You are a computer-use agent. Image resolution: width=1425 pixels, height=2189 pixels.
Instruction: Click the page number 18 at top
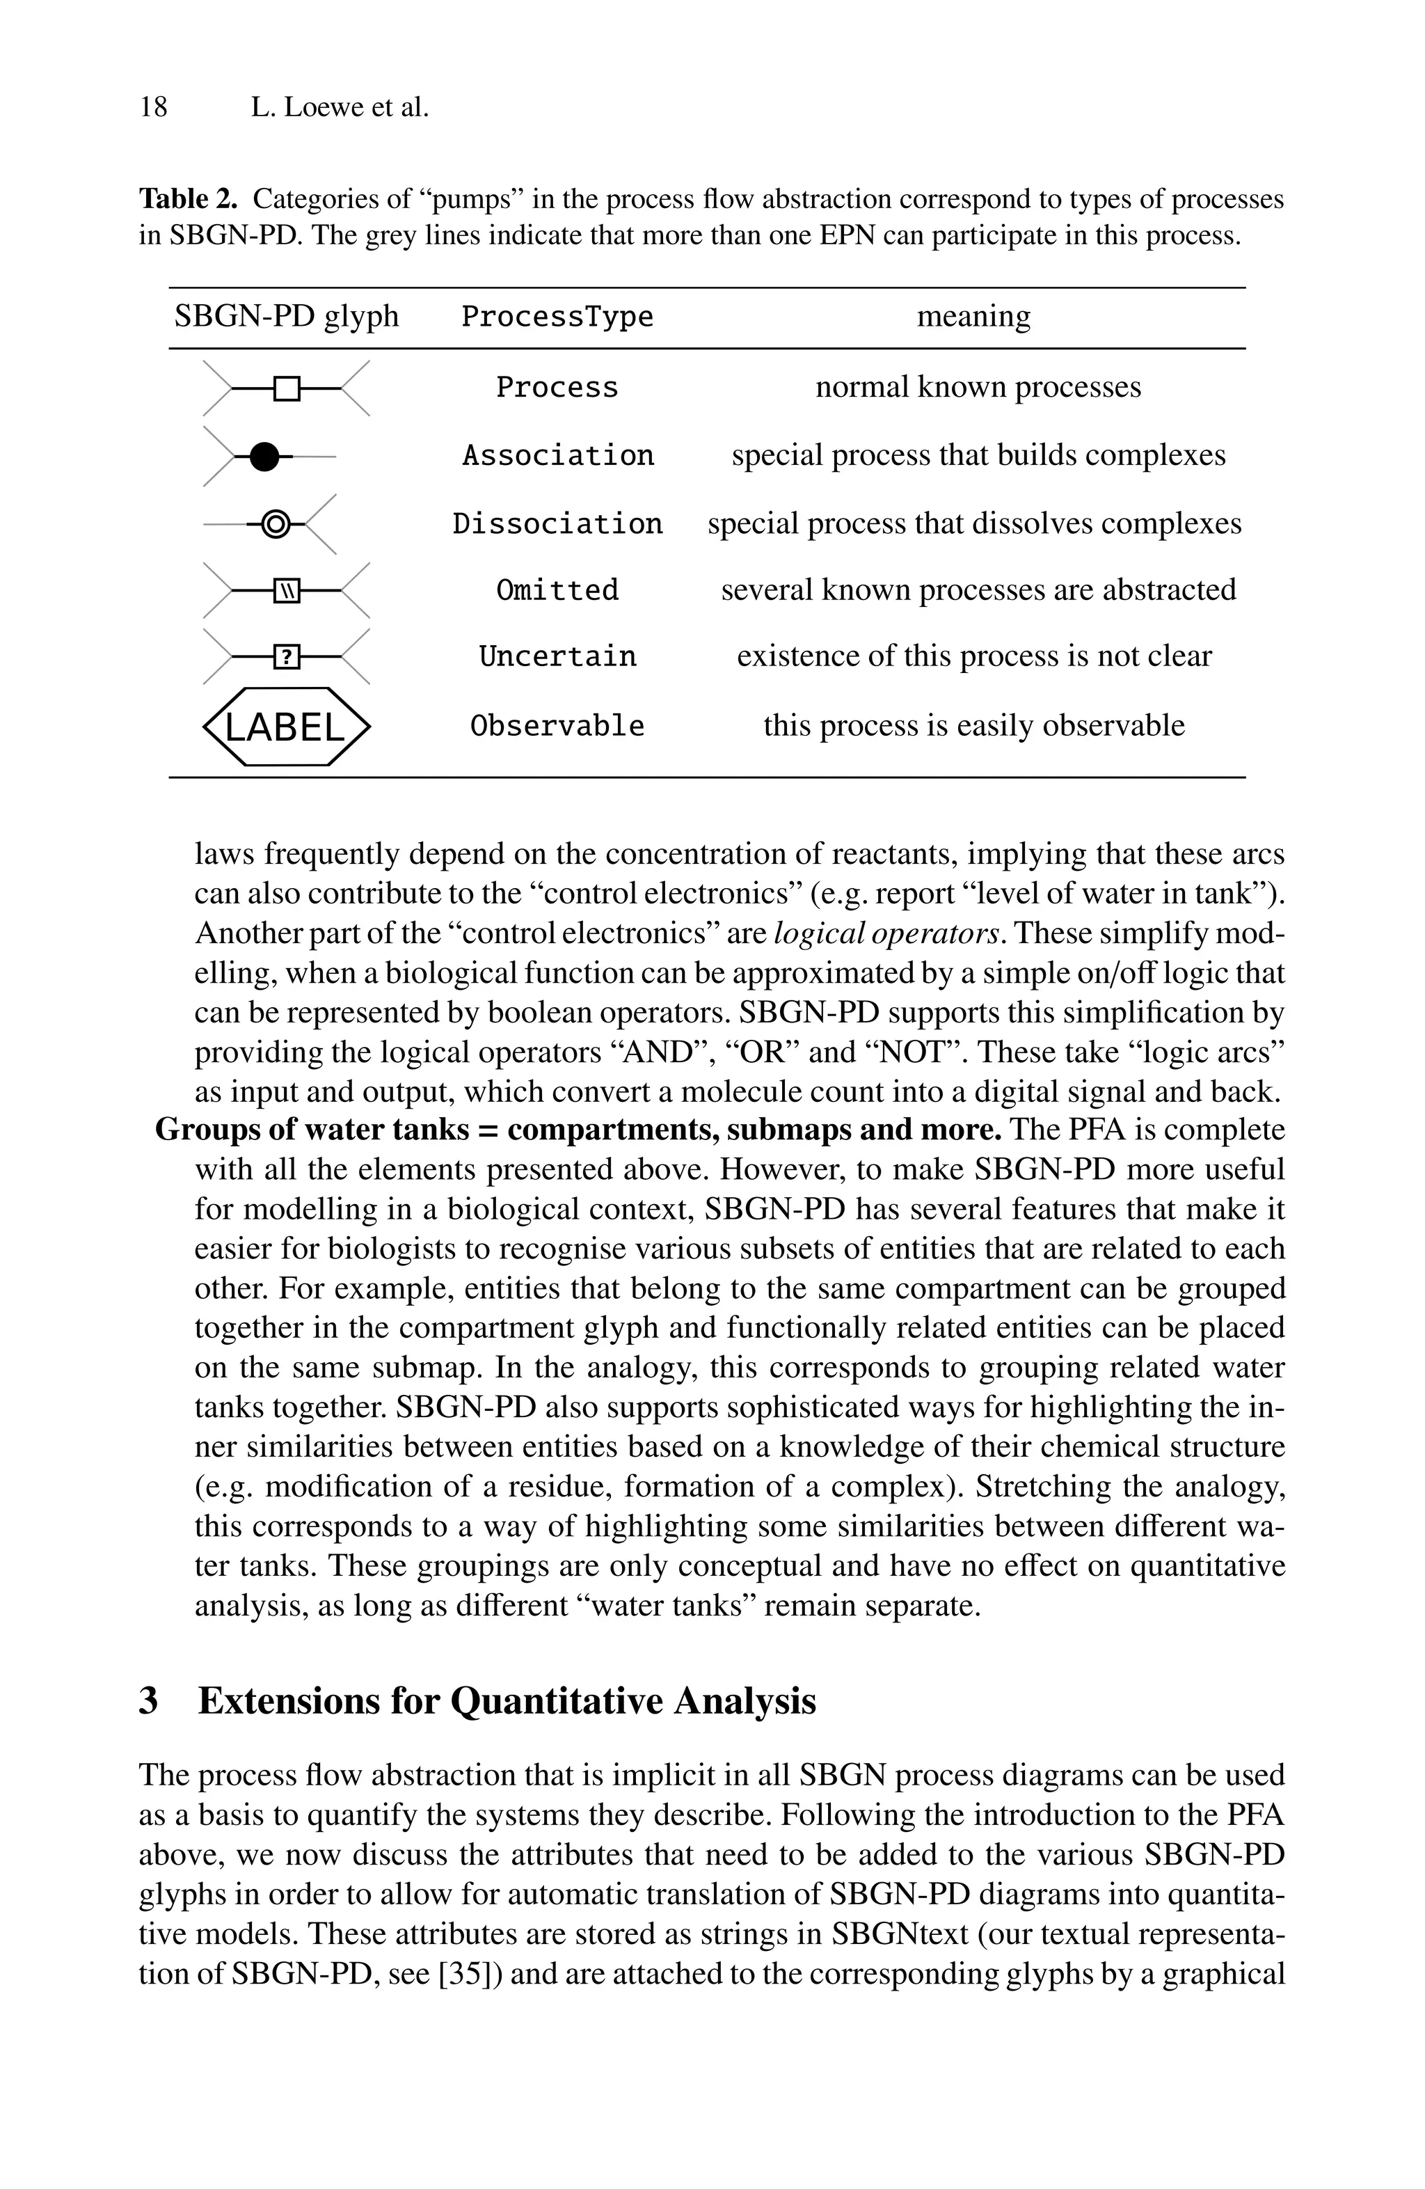coord(154,108)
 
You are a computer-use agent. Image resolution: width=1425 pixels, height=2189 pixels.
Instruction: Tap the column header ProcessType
coord(557,317)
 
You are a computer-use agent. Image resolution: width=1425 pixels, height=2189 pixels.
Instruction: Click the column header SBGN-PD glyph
coord(287,317)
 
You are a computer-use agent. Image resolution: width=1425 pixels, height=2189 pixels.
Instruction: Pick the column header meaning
coord(973,317)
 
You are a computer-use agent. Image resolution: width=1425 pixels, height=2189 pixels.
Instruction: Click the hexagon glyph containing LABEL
coord(286,727)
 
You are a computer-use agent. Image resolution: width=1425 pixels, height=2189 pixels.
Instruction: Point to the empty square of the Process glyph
coord(287,389)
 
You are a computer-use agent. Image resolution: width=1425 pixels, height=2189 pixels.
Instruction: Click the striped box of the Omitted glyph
coord(287,590)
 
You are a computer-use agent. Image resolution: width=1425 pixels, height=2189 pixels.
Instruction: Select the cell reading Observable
coord(557,727)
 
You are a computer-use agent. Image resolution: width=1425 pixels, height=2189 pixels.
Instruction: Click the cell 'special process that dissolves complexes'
coord(973,524)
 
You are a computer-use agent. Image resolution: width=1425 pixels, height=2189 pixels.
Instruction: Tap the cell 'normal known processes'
coord(978,387)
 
